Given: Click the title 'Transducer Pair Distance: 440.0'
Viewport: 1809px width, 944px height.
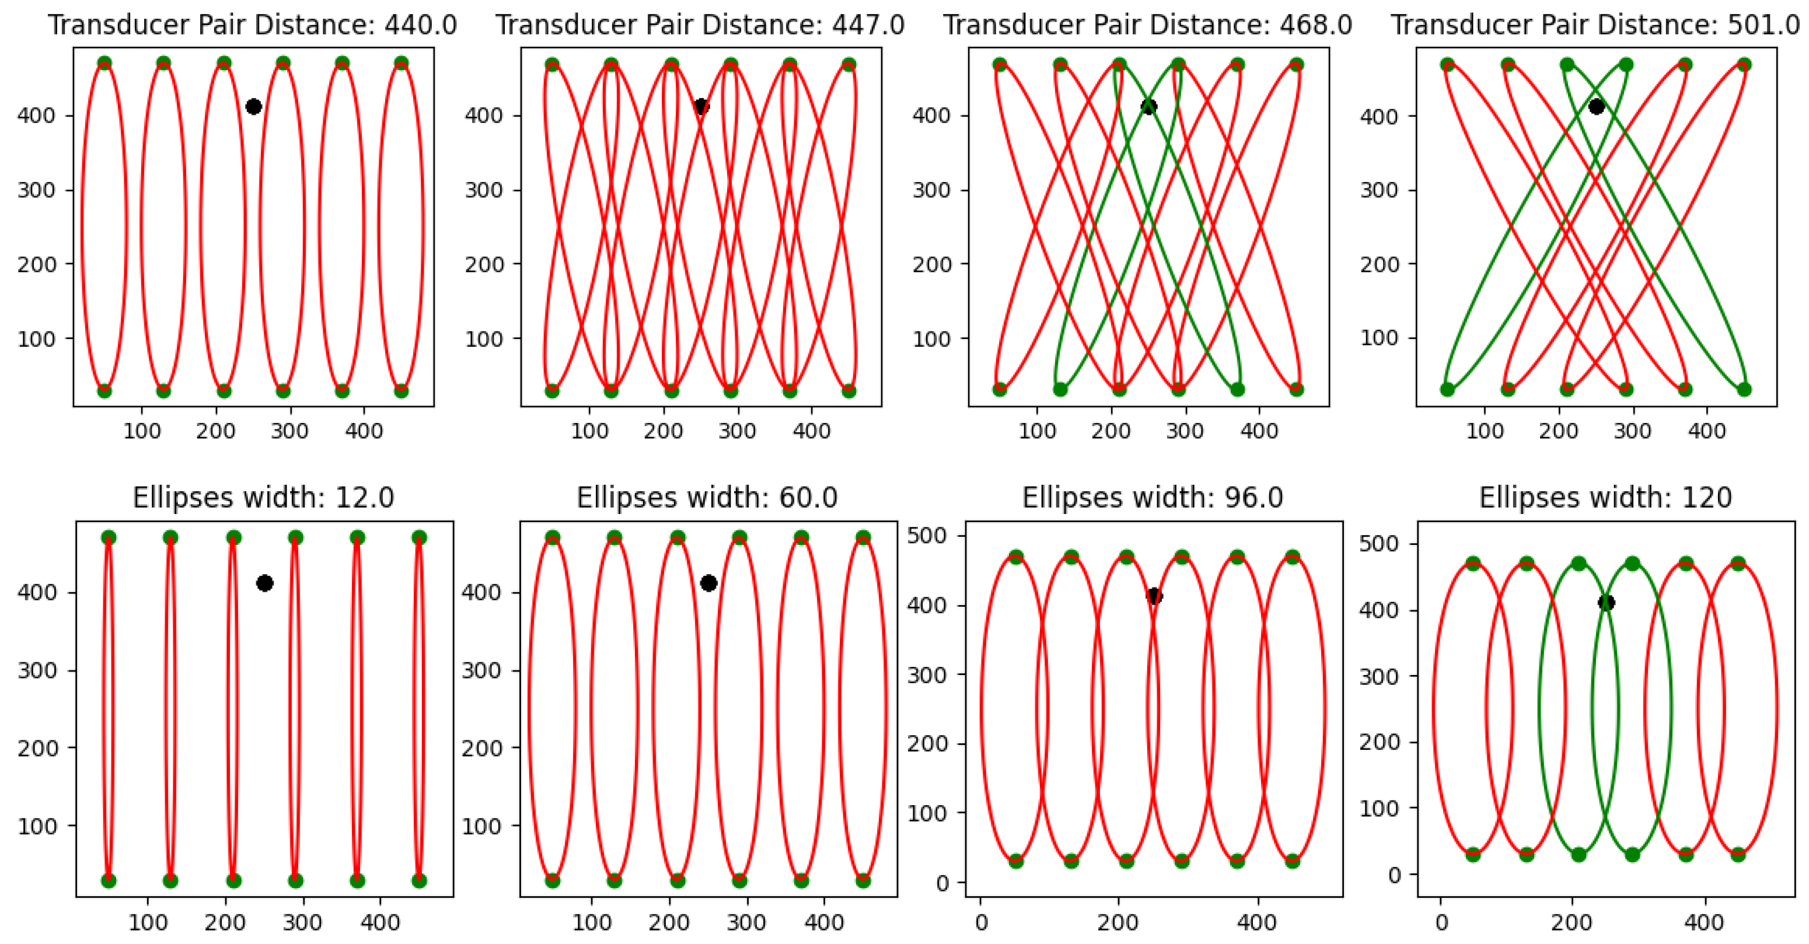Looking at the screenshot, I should click(x=252, y=25).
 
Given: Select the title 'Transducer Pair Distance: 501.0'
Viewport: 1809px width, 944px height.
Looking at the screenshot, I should click(x=1595, y=25).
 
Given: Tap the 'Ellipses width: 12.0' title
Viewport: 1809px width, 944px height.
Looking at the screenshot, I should click(x=263, y=498).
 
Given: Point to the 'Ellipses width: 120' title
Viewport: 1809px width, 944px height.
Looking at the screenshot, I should click(x=1605, y=498).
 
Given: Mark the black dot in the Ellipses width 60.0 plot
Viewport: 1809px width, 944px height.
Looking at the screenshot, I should click(x=708, y=583).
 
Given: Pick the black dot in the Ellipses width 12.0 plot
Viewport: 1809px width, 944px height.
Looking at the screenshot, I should click(x=265, y=583).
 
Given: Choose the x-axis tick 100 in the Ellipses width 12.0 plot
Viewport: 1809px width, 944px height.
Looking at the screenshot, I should click(x=148, y=922).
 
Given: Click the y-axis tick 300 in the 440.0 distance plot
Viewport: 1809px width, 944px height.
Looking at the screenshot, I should click(x=37, y=190).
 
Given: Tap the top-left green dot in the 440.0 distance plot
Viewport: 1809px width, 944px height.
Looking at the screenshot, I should click(x=104, y=64).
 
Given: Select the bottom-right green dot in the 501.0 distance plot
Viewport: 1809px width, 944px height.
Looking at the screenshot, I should click(x=1744, y=390).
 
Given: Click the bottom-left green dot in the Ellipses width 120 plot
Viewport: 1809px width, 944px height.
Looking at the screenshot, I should click(x=1473, y=855).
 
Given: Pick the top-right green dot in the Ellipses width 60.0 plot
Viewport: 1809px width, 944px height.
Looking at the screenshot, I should click(x=863, y=537).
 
